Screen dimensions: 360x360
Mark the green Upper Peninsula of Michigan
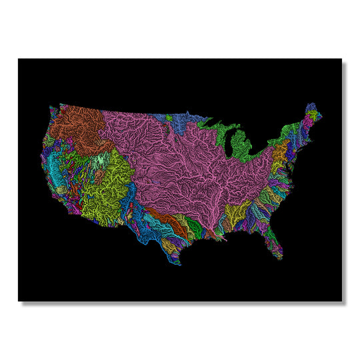tap(217, 124)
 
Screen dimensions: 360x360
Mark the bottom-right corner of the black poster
tap(341, 301)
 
